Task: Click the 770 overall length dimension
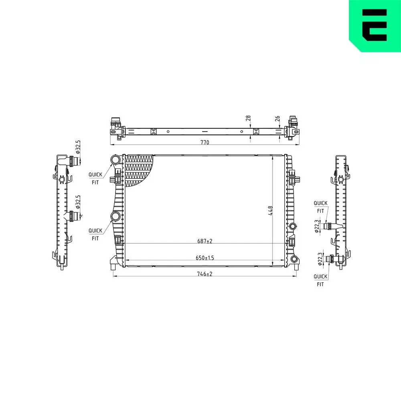coord(205,142)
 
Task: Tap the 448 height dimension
coord(270,211)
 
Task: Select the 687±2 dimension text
coord(205,241)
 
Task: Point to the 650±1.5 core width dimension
coord(205,258)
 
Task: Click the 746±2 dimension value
coord(205,274)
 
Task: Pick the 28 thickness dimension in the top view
coord(248,118)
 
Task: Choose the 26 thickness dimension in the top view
coord(277,119)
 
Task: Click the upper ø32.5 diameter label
coord(78,147)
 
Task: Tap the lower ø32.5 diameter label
coord(78,202)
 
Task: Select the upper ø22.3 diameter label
coord(317,226)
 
